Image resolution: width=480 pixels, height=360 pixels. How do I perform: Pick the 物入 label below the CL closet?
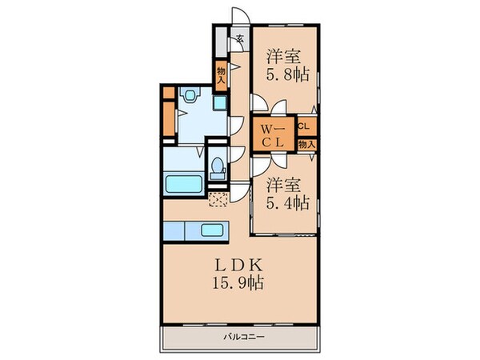tap(306, 145)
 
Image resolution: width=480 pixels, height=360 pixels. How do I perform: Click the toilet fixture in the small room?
tap(217, 168)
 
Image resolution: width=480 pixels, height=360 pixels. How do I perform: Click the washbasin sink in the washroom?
tap(189, 97)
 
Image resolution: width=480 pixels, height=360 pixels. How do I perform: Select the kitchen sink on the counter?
tap(211, 230)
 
